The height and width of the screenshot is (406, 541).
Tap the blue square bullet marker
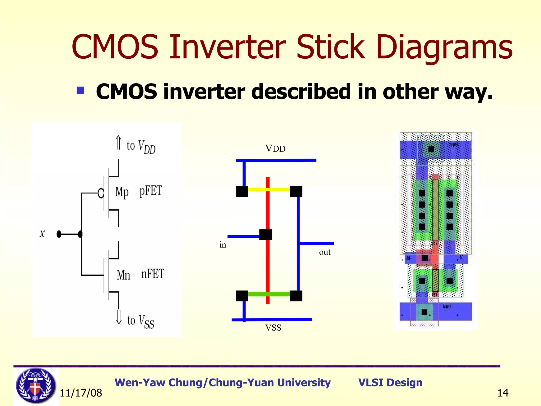point(80,90)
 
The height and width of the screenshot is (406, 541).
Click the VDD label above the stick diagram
point(275,149)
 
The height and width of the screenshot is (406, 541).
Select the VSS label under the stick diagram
point(273,328)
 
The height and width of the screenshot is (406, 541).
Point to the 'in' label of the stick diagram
point(223,245)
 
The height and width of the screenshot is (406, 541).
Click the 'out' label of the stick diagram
point(325,252)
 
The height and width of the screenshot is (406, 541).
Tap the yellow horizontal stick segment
point(280,189)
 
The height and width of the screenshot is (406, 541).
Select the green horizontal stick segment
point(280,294)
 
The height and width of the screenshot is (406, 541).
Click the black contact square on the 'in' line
point(265,235)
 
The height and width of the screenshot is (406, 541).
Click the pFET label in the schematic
point(151,191)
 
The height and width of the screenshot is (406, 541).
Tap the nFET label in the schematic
point(152,274)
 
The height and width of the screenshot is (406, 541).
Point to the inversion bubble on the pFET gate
point(101,193)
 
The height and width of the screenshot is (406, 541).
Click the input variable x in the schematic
point(42,234)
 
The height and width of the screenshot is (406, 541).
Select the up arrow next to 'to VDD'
point(118,143)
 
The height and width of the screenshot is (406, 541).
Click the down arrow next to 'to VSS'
point(119,317)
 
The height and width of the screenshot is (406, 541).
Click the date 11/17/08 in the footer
point(81,393)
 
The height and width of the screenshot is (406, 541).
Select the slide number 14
point(503,393)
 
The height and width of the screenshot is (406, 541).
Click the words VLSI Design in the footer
point(390,382)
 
